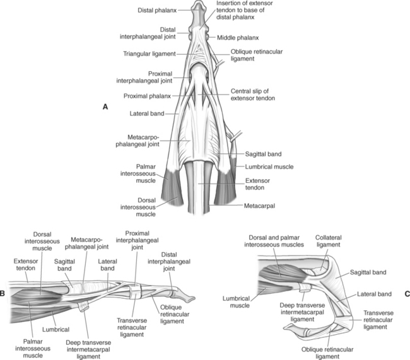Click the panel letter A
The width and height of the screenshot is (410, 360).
(x=105, y=108)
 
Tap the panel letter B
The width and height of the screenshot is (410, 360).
(x=5, y=294)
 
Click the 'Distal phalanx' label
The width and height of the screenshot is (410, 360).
(x=157, y=11)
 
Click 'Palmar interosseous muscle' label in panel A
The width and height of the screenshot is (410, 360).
(x=147, y=175)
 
